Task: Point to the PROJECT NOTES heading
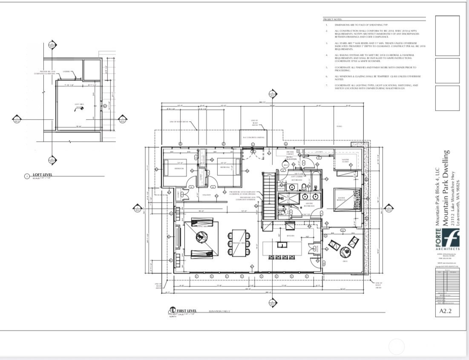click(333, 20)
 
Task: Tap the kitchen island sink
click(281, 245)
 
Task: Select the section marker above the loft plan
click(52, 44)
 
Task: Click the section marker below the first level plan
click(272, 303)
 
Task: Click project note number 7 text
click(375, 86)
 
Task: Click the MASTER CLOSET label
click(344, 160)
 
